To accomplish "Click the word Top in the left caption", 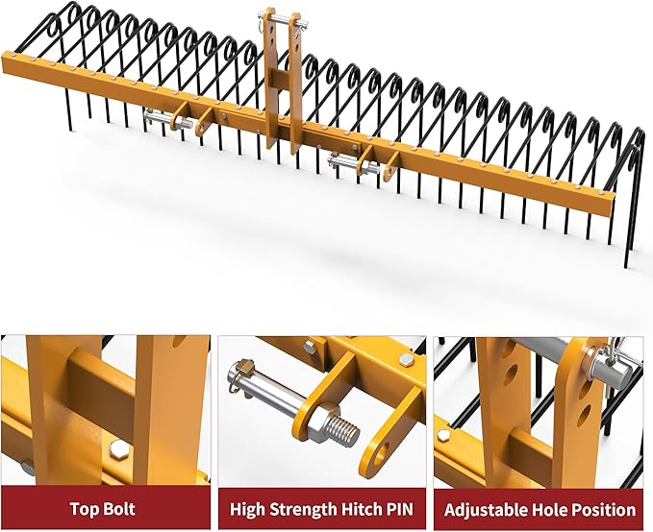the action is tap(83, 509).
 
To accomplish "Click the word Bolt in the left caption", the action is tap(118, 509).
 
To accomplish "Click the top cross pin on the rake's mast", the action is tap(283, 18).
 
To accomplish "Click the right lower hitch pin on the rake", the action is tap(354, 162).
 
